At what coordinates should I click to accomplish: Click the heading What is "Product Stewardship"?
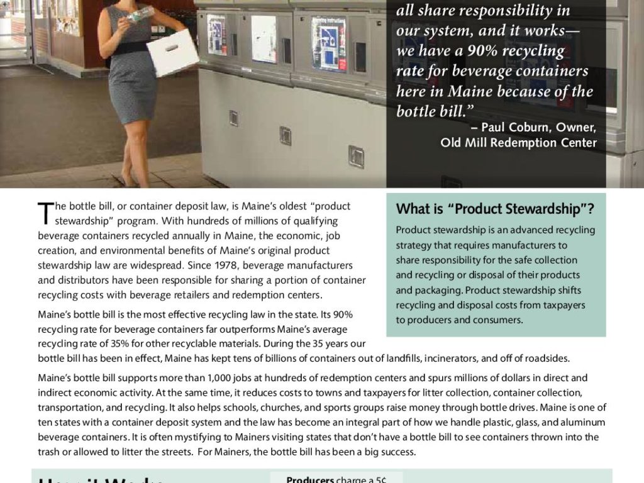tap(495, 209)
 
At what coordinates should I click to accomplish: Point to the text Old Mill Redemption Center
tap(518, 143)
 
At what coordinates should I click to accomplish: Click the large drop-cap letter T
tap(45, 213)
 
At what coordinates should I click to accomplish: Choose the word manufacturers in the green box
tap(531, 245)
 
